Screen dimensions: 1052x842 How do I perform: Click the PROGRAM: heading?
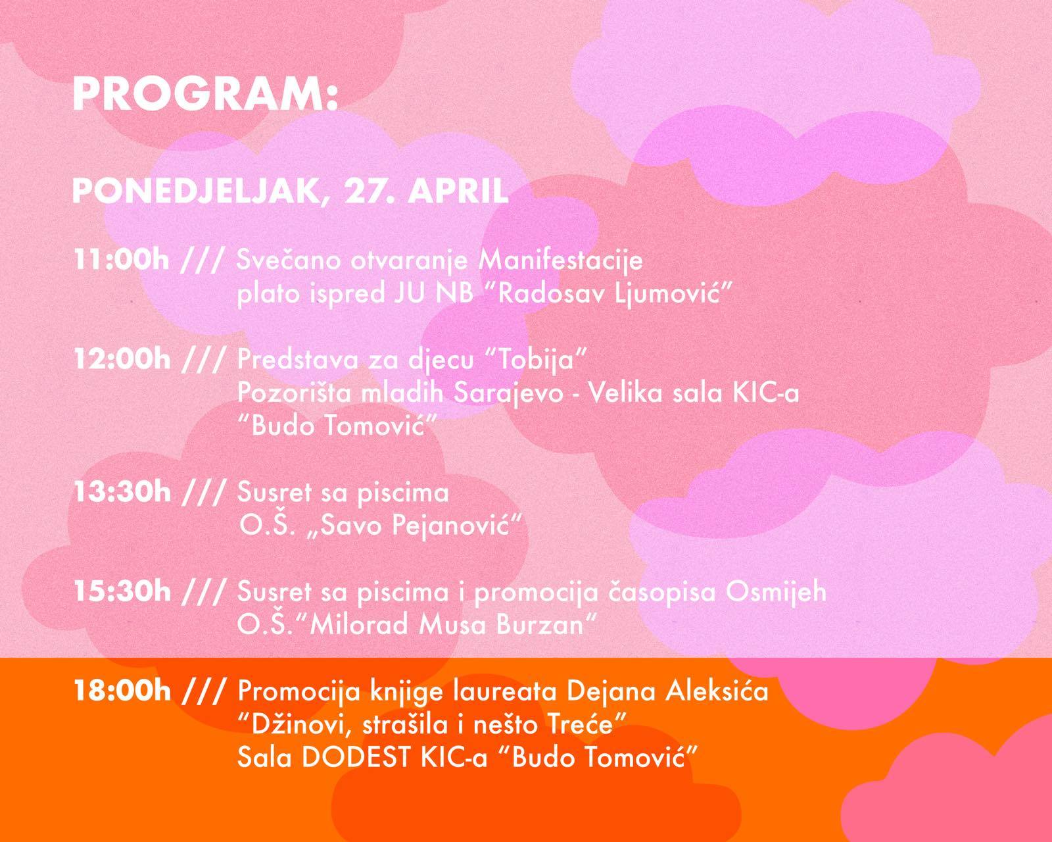205,95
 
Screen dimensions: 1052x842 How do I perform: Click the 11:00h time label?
121,259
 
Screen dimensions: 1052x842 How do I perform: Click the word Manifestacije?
561,260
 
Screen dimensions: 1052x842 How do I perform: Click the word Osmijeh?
776,591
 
